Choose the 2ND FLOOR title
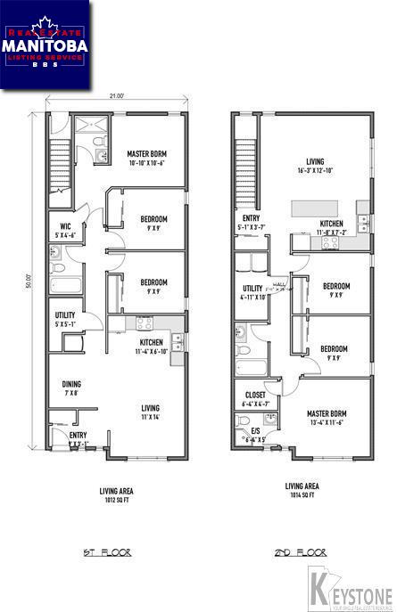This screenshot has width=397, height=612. pyautogui.click(x=299, y=553)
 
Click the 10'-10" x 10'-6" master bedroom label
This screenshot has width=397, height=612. pyautogui.click(x=146, y=159)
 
